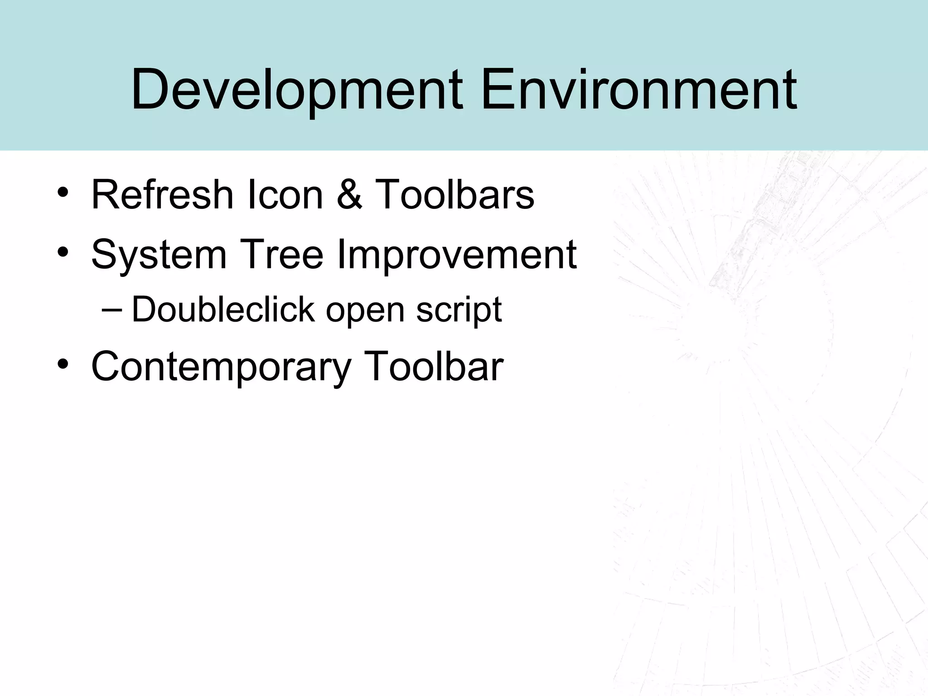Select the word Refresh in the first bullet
click(x=162, y=194)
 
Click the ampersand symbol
click(x=349, y=194)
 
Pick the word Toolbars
click(x=455, y=194)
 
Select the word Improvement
click(x=457, y=254)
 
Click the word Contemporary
click(x=221, y=367)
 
